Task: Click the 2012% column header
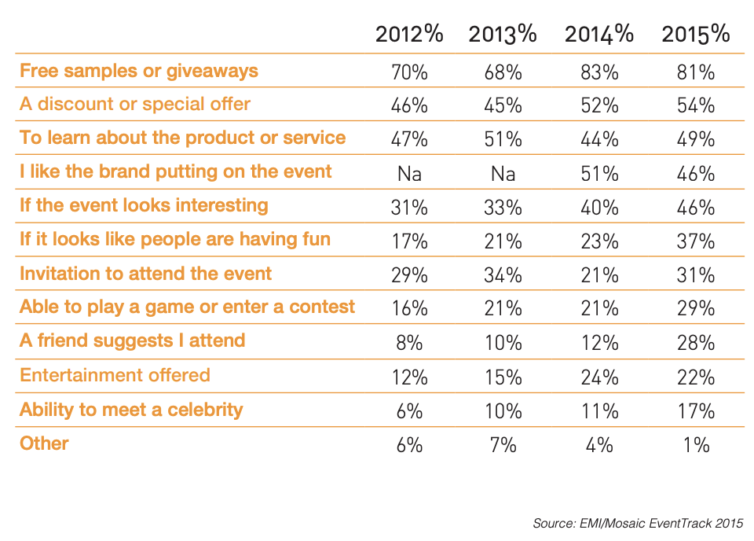pos(409,35)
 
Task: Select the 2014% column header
pos(599,35)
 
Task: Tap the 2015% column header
pos(696,35)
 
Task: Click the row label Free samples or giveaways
pos(139,71)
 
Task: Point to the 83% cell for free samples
pos(599,72)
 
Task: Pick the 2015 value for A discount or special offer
pos(696,105)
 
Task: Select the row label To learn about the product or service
pos(183,138)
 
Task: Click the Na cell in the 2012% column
pos(409,174)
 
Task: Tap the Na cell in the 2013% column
pos(503,174)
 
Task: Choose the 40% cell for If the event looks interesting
pos(599,208)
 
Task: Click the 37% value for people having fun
pos(696,241)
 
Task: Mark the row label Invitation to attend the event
pos(146,274)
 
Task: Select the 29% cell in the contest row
pos(696,309)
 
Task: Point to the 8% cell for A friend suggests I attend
pos(409,343)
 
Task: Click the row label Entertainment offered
pos(115,374)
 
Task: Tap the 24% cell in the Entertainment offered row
pos(599,377)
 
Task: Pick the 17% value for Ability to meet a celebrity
pos(696,410)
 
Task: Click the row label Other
pos(45,443)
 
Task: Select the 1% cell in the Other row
pos(696,444)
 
